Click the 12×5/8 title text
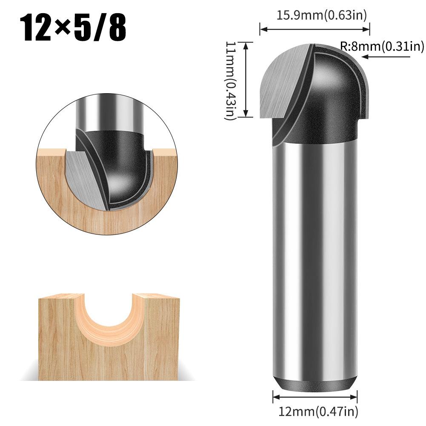point(75,29)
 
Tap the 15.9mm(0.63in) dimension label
point(322,16)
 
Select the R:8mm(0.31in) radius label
point(382,46)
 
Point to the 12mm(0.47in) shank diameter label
point(318,412)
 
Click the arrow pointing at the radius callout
point(385,57)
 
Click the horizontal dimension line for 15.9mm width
point(315,29)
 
